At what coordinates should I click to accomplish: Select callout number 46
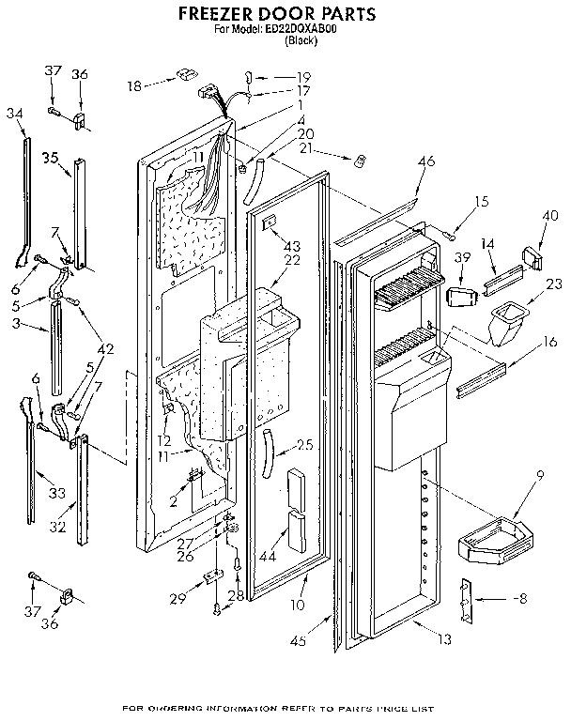point(426,162)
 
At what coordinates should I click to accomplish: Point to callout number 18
point(135,85)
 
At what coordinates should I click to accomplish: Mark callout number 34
point(13,114)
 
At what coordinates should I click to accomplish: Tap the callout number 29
point(176,599)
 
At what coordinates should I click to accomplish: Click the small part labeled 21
point(359,161)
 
